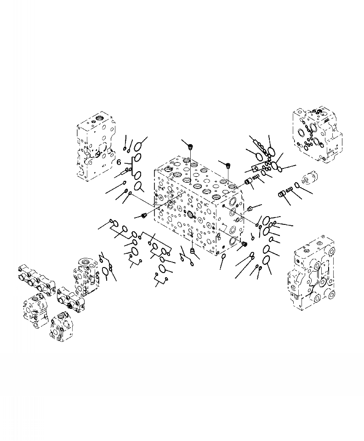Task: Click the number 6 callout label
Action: pyautogui.click(x=119, y=162)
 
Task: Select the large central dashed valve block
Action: pyautogui.click(x=198, y=205)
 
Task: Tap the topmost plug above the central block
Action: pyautogui.click(x=190, y=146)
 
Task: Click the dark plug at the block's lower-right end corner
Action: pyautogui.click(x=244, y=244)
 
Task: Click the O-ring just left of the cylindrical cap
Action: pyautogui.click(x=296, y=185)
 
